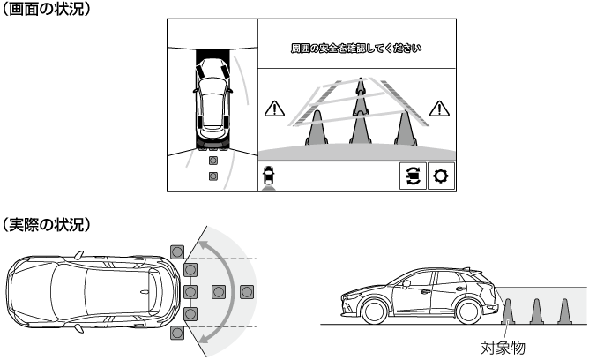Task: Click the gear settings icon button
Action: pos(441,176)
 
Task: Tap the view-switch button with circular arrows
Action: pos(413,176)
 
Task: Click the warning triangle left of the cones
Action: pos(274,109)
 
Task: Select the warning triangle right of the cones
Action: pos(439,109)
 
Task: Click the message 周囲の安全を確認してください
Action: pos(356,49)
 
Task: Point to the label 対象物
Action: pos(503,348)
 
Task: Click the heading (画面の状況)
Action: pos(46,9)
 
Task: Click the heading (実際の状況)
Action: pos(46,224)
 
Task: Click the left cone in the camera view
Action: pos(317,129)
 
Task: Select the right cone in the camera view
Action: pos(406,129)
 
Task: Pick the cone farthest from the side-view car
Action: pos(564,311)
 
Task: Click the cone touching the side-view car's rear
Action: pos(508,311)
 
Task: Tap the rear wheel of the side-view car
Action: pos(468,311)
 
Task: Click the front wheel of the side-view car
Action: pos(375,311)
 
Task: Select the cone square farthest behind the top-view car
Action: pos(247,292)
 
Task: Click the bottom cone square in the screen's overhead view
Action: pos(213,176)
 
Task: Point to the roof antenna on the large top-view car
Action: pos(145,292)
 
